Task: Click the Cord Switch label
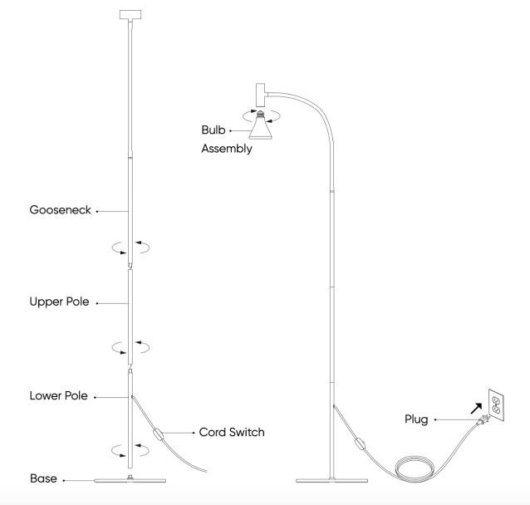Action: (x=233, y=432)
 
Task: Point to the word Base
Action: (x=43, y=479)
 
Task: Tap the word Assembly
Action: (x=226, y=150)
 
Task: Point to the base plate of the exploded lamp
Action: (x=131, y=480)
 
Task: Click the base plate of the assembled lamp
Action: (x=333, y=480)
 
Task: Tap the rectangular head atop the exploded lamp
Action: (x=131, y=14)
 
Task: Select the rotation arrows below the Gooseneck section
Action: (x=131, y=247)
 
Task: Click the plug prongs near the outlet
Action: (x=484, y=419)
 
